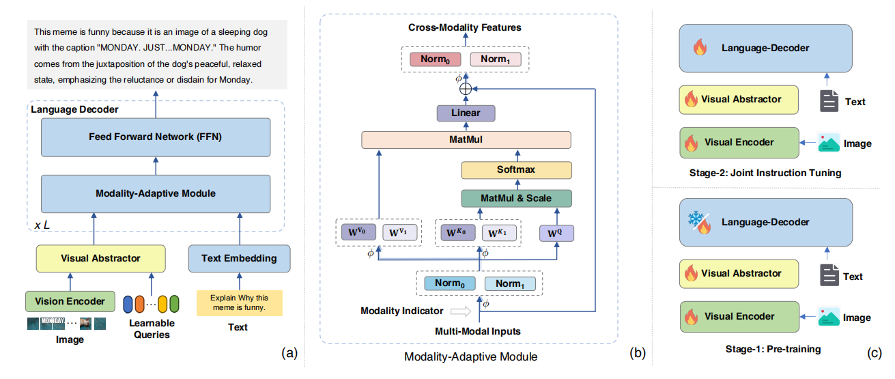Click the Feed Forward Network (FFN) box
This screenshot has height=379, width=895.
tap(156, 137)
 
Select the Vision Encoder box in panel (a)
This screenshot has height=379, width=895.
tap(70, 301)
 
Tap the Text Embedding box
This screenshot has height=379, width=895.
tap(240, 258)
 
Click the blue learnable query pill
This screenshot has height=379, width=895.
tap(128, 305)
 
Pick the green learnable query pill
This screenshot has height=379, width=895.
tap(174, 304)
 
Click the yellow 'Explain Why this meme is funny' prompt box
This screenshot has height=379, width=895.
tap(240, 303)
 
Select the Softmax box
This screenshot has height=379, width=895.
tap(516, 170)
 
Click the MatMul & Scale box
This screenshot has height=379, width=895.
tap(516, 198)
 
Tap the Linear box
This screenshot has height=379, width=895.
tap(466, 113)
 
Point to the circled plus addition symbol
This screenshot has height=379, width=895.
tap(466, 89)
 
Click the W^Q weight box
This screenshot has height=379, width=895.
tap(556, 233)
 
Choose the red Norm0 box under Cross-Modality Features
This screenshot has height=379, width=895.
tap(435, 59)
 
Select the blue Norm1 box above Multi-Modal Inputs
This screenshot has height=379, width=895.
tap(510, 283)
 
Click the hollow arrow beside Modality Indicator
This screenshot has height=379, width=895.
tap(461, 311)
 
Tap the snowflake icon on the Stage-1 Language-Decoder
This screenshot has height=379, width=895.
tap(696, 219)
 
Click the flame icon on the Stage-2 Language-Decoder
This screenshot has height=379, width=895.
tap(700, 47)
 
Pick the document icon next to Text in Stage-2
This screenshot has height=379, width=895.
tap(829, 101)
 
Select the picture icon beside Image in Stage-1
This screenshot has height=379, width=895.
tap(829, 317)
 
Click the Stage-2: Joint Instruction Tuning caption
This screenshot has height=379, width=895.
tap(765, 173)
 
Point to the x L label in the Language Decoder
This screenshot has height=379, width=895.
tap(42, 225)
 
